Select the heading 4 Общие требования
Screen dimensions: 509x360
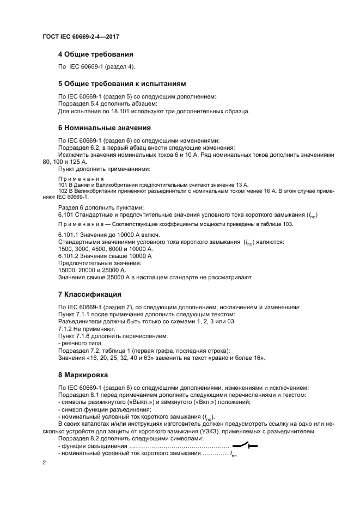pos(95,54)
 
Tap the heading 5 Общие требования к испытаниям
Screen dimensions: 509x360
pos(122,84)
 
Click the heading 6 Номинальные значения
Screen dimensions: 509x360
pos(104,128)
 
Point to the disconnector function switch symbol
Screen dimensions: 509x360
pos(245,446)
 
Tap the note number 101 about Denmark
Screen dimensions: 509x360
pos(62,185)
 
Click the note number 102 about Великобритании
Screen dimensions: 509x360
pos(62,191)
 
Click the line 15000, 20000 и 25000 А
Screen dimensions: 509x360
pos(92,269)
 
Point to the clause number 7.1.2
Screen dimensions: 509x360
pos(65,329)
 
